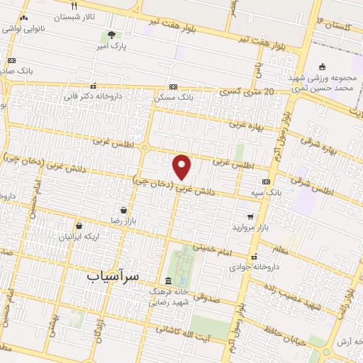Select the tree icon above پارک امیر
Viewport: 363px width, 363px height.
coord(111,35)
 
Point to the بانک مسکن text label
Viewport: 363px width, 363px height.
coord(174,96)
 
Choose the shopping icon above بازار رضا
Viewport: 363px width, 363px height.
coord(124,211)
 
